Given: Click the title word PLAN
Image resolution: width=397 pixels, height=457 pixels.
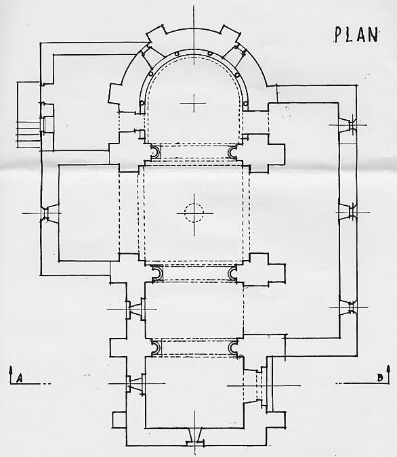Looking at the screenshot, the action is click(x=356, y=35).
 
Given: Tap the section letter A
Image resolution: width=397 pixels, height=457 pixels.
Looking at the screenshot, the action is click(x=19, y=378).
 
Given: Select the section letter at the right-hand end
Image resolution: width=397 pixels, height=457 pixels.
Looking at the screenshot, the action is click(x=379, y=378).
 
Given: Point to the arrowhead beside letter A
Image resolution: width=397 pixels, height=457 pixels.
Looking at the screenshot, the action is click(x=11, y=369).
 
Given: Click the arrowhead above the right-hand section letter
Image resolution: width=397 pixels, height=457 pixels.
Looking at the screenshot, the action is click(x=388, y=368).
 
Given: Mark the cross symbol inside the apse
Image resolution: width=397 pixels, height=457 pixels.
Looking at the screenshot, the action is click(x=193, y=103).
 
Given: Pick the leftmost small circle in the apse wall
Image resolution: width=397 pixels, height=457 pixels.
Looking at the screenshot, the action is click(x=142, y=103).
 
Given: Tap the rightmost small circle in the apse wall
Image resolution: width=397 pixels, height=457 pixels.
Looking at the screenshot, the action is click(x=245, y=103).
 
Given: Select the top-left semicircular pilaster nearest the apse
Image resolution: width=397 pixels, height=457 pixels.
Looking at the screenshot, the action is click(x=154, y=152).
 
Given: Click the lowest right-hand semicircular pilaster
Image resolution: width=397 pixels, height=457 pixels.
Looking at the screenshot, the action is click(x=233, y=348).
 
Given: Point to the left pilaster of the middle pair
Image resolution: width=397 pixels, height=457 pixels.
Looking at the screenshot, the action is click(x=157, y=274).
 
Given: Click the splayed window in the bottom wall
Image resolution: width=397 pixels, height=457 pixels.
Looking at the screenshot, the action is click(x=195, y=436).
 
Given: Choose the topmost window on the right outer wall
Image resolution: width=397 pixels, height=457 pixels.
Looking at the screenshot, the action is click(x=348, y=125).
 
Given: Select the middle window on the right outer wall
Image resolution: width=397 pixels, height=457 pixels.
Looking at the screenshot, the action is click(x=348, y=213).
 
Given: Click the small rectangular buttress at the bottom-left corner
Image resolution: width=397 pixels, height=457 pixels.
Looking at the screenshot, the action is click(x=119, y=419).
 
